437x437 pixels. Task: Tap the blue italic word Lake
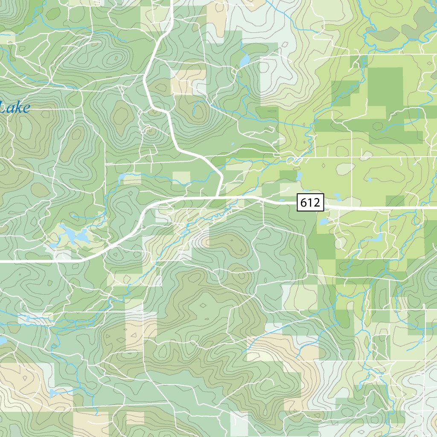(x=15, y=108)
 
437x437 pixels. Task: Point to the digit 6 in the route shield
(x=304, y=203)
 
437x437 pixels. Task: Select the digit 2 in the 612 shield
(x=316, y=203)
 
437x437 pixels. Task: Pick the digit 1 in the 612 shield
(x=310, y=203)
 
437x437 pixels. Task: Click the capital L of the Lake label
(x=3, y=108)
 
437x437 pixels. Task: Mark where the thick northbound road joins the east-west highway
(x=217, y=198)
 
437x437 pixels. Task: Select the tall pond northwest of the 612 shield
(x=299, y=176)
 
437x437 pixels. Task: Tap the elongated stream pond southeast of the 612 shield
(x=377, y=238)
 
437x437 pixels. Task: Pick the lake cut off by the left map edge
(x=2, y=341)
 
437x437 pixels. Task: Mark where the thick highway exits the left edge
(x=1, y=259)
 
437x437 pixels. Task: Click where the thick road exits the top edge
(x=171, y=1)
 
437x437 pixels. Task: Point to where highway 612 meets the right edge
(x=435, y=207)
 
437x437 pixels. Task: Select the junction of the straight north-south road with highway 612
(x=351, y=207)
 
